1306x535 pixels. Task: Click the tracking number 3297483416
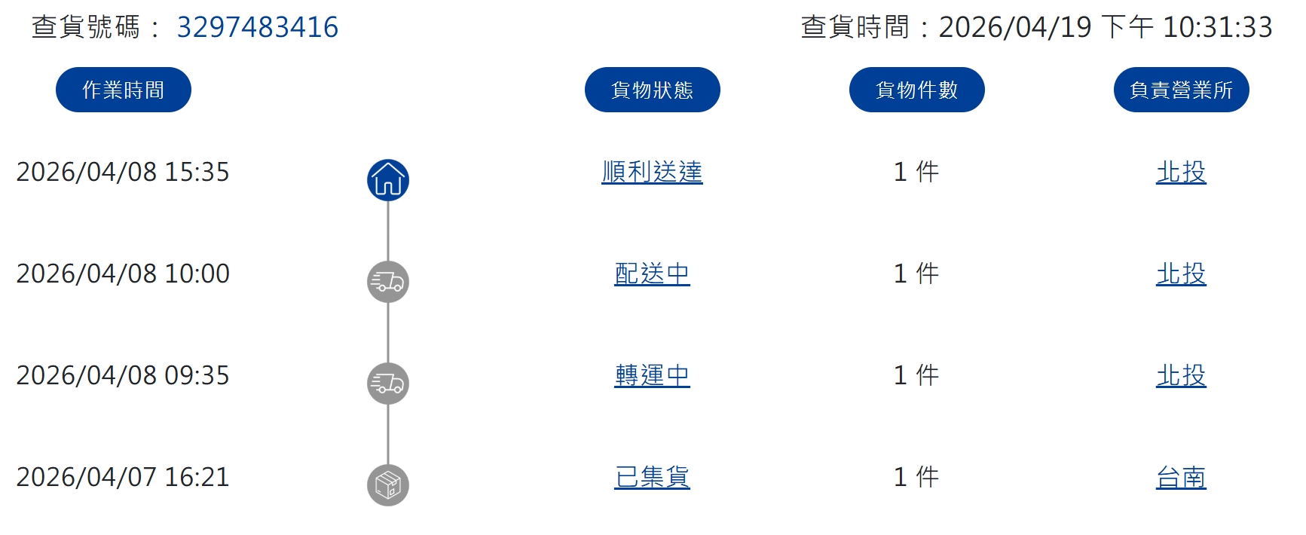pos(257,27)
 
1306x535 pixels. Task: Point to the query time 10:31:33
pos(1218,27)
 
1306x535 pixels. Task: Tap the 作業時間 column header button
pos(124,90)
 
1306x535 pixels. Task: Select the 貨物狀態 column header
pos(653,90)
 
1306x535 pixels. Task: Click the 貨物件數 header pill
pos(917,90)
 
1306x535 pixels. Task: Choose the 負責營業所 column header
pos(1182,90)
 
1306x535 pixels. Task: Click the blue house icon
pos(388,180)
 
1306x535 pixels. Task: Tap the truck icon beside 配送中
pos(388,282)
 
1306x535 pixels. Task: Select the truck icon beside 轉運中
pos(388,384)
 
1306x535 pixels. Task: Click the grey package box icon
pos(388,485)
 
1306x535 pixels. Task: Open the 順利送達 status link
pos(653,173)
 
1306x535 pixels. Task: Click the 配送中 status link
pos(653,274)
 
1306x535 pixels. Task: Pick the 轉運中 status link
pos(653,376)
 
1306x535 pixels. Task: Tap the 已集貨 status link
pos(653,478)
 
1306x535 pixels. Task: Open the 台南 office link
pos(1182,478)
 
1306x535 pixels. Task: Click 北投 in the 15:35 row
pos(1182,173)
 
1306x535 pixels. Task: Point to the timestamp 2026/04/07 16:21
pos(123,477)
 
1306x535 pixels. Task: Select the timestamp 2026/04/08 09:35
pos(123,375)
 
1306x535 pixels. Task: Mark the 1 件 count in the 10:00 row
pos(916,274)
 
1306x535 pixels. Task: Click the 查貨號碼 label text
pos(85,27)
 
